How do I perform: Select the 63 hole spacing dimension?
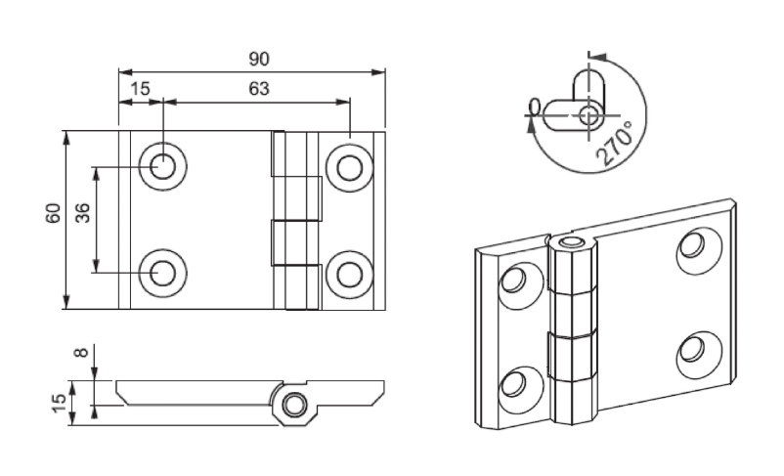click(258, 89)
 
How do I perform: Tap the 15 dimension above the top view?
click(140, 89)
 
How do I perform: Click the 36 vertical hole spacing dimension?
click(83, 212)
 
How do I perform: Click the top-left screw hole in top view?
click(163, 165)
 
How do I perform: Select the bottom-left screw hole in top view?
click(163, 272)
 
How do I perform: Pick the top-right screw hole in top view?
click(348, 165)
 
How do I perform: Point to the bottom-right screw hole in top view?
click(348, 272)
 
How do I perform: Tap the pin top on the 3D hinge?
click(571, 241)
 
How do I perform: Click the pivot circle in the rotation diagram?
click(588, 115)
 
